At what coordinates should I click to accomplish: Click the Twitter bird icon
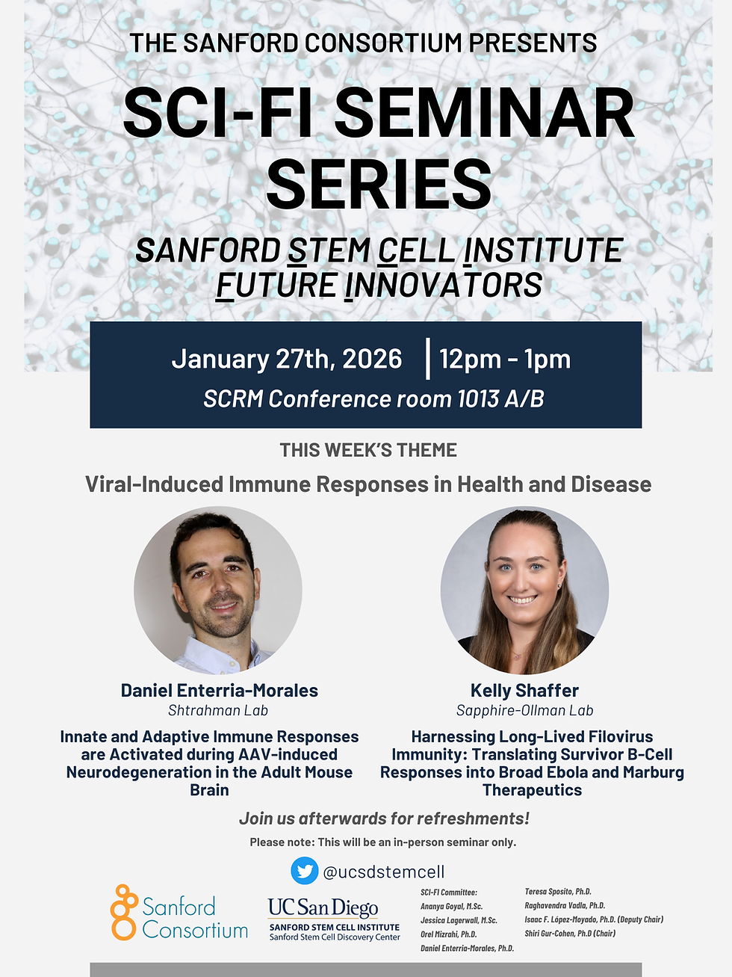304,871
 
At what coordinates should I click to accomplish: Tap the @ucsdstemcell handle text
383,872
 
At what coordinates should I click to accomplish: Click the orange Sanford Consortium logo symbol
123,912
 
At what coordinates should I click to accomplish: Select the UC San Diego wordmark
323,907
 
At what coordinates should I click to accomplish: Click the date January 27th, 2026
287,359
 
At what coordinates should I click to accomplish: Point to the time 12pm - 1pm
505,359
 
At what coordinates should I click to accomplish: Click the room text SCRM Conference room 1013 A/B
373,399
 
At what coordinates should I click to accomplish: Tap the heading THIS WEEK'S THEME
368,450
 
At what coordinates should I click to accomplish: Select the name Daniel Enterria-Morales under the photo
219,691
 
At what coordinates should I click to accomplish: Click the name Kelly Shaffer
524,691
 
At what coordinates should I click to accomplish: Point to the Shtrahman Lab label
217,711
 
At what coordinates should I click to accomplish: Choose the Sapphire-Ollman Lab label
524,711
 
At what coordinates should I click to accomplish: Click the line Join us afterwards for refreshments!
384,819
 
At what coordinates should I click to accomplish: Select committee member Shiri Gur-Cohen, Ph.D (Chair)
570,934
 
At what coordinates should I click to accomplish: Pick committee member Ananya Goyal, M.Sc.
451,906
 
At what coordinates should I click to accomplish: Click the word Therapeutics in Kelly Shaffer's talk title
532,790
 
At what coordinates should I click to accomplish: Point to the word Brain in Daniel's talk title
209,790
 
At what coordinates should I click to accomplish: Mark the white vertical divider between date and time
428,359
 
